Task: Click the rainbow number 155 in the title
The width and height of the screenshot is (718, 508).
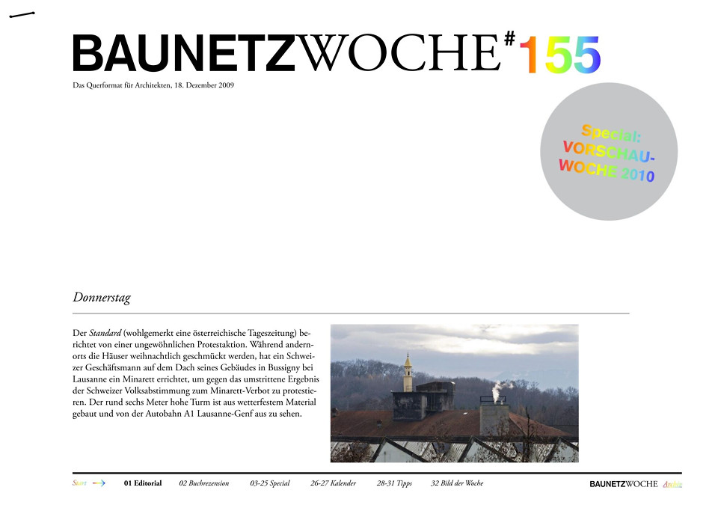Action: [x=559, y=55]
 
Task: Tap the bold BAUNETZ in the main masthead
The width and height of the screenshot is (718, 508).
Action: [x=184, y=54]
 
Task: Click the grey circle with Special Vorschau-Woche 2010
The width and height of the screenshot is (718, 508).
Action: [x=608, y=152]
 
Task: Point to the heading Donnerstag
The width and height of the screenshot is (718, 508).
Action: [x=102, y=298]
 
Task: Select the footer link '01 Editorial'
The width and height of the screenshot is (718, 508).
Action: [x=143, y=483]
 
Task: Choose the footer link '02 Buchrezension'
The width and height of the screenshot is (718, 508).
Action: [x=204, y=483]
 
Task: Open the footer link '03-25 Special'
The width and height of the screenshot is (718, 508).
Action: [x=270, y=483]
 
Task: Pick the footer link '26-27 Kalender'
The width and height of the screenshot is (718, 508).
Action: [x=334, y=483]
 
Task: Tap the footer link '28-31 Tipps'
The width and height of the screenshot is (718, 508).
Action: [x=394, y=483]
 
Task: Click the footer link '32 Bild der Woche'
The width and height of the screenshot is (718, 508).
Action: [x=457, y=483]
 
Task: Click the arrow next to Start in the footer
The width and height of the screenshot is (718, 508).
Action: [x=99, y=483]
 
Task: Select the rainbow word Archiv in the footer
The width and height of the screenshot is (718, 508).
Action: [x=672, y=484]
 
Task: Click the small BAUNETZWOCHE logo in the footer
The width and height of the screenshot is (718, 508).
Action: [x=623, y=484]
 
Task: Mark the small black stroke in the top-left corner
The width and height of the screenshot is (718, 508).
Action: [x=22, y=15]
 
